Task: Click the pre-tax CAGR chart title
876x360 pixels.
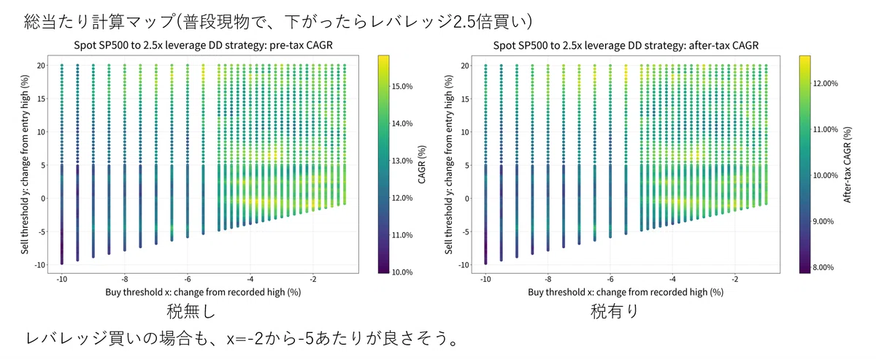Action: pos(204,45)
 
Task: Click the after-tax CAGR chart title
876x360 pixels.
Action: pos(626,45)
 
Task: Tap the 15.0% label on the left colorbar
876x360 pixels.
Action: pos(402,86)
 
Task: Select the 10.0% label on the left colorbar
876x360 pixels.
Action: pos(402,272)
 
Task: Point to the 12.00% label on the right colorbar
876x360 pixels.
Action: pos(826,83)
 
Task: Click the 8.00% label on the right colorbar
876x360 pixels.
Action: pos(823,268)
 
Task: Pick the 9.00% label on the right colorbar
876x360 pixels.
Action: pos(823,221)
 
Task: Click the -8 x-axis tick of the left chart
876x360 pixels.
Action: pos(124,280)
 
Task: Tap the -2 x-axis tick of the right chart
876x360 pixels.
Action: pos(735,280)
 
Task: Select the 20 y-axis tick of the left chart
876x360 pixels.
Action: pos(41,66)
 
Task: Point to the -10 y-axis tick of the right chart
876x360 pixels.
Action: pos(464,265)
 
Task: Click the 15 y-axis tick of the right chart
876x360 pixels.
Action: pos(465,99)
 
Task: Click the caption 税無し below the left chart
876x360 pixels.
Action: pos(191,312)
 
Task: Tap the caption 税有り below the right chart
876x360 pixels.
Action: pos(615,312)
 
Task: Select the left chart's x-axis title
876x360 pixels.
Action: pos(203,292)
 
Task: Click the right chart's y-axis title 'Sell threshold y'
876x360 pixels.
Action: pos(448,164)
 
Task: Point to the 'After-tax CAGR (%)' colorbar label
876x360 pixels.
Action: pos(847,164)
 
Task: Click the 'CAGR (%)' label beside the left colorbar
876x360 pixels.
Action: pos(422,164)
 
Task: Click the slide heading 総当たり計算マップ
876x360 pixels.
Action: pos(278,21)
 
